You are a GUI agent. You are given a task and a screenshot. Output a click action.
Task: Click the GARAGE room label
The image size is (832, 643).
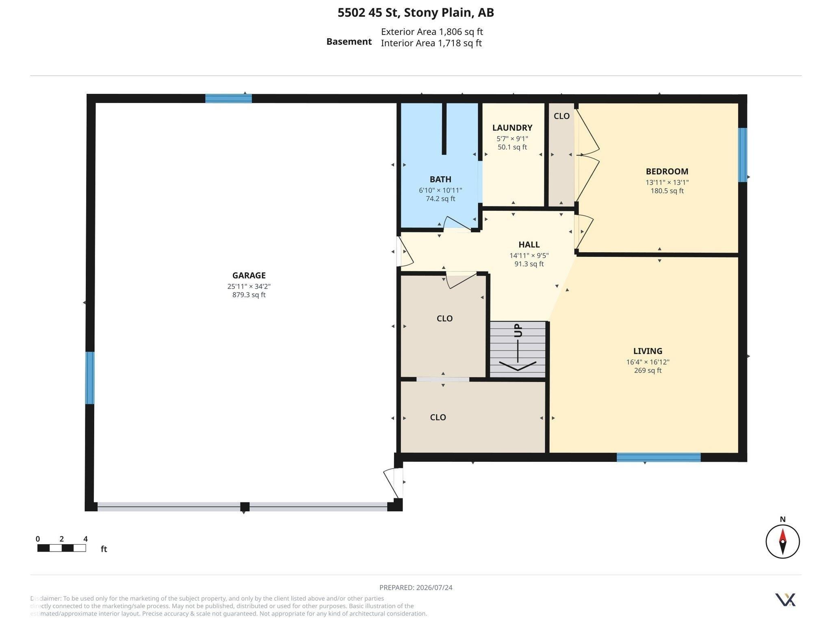(x=249, y=275)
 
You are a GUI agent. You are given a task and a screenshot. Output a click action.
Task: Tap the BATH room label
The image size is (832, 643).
(x=440, y=179)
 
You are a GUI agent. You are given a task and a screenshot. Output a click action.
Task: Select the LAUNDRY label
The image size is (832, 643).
(x=512, y=128)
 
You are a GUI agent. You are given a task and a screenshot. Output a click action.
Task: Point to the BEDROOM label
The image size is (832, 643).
(x=667, y=171)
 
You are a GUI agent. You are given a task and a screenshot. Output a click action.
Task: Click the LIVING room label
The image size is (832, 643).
(x=648, y=351)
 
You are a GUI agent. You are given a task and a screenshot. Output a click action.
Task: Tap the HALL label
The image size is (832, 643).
(x=529, y=245)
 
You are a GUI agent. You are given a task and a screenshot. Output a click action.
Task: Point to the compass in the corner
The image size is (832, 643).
(x=782, y=541)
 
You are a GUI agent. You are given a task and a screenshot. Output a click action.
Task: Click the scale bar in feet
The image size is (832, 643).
(x=61, y=548)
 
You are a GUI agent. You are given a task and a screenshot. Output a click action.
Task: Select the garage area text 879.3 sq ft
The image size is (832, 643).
(x=249, y=295)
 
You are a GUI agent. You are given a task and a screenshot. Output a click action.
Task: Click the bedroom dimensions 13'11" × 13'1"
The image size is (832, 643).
(x=667, y=182)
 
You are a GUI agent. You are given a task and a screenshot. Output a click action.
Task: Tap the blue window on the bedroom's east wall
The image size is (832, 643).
(x=742, y=155)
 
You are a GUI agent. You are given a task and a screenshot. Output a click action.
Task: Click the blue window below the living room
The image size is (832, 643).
(x=659, y=457)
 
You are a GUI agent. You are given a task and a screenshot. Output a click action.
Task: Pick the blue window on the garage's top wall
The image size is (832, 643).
(x=228, y=98)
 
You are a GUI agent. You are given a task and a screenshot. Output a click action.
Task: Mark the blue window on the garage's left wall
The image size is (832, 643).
(x=90, y=378)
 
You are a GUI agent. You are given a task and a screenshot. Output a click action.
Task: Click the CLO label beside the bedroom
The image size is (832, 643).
(x=561, y=116)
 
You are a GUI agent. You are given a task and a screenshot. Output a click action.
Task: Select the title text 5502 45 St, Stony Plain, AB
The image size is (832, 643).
(x=416, y=13)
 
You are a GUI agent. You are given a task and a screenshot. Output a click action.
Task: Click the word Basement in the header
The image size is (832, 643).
(x=349, y=41)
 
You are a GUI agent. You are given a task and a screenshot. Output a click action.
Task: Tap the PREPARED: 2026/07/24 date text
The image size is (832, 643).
(x=416, y=587)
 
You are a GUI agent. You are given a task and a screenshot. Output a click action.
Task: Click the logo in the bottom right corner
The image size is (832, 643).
(x=785, y=600)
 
